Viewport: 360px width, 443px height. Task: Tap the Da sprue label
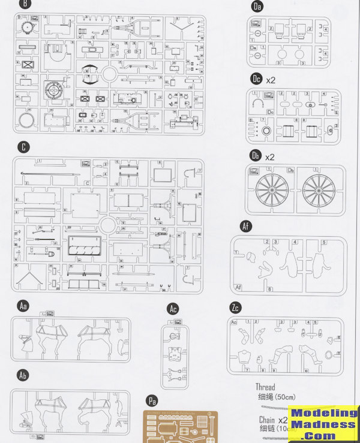click(x=258, y=7)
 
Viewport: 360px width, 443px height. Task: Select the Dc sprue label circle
click(x=257, y=79)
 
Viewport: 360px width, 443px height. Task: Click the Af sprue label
click(x=245, y=226)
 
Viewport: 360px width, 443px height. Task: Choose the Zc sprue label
click(x=236, y=308)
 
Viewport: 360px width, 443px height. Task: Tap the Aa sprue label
click(x=23, y=306)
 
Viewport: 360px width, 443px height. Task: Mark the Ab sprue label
click(x=23, y=376)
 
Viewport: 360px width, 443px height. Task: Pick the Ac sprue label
click(x=173, y=309)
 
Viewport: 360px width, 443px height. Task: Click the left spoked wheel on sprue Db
click(x=272, y=190)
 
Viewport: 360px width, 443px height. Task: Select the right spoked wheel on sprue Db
click(x=319, y=190)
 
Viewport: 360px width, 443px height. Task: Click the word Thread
click(x=265, y=387)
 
